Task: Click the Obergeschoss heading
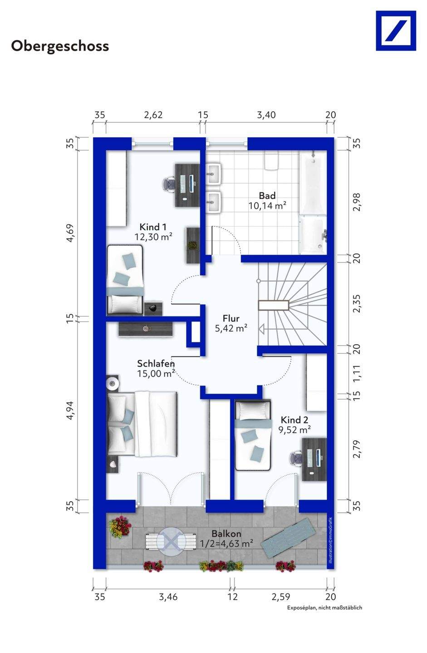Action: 60,47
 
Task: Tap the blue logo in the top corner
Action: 396,31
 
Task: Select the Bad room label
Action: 267,195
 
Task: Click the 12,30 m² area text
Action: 153,237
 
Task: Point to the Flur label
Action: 231,318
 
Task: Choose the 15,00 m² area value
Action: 156,374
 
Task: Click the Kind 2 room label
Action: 294,420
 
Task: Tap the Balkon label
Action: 226,534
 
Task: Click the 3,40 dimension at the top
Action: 266,115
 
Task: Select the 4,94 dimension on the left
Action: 70,410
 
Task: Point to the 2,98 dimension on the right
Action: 356,202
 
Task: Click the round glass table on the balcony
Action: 171,541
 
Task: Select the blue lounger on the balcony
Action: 288,538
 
